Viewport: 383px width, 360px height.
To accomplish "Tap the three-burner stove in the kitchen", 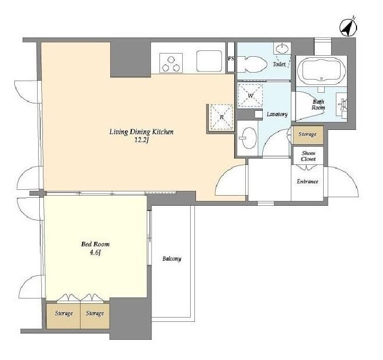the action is point(171,63).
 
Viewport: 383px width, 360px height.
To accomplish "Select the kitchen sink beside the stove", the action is point(209,61).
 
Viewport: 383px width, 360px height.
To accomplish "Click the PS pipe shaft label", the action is point(231,58).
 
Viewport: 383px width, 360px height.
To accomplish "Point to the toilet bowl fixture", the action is point(252,64).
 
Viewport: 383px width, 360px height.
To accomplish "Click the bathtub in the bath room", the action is point(322,71).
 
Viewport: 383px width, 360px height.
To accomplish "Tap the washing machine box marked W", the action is point(251,95).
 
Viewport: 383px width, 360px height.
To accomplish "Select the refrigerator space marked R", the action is point(221,117).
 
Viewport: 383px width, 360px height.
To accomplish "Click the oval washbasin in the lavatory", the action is point(247,138).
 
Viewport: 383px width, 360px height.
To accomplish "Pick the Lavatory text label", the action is point(277,114).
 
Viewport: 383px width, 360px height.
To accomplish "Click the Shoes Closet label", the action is point(308,156).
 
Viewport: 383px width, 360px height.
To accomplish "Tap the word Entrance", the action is point(308,181).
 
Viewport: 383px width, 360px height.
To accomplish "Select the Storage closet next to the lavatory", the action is point(308,135).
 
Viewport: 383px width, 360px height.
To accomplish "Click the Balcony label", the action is point(172,259).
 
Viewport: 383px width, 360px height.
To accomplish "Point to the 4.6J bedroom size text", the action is point(95,253).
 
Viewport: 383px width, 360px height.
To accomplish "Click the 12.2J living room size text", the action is point(141,141).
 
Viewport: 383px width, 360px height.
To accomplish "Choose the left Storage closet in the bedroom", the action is point(64,316).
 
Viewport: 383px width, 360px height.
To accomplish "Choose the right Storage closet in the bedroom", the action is point(95,316).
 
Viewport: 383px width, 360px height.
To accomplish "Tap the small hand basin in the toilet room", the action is point(282,49).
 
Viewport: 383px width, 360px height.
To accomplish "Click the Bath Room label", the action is point(318,104).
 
